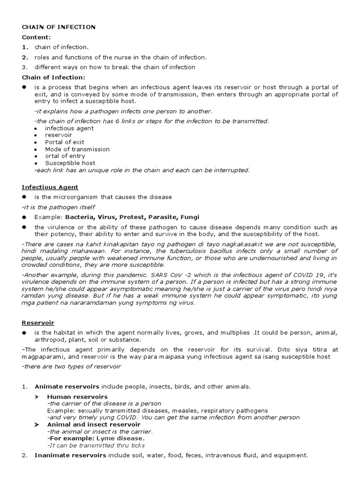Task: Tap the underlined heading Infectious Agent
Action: [50, 187]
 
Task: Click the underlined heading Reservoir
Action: [37, 323]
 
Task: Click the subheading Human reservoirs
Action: [77, 397]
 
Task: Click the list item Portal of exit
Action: [65, 142]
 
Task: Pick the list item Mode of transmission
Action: [77, 149]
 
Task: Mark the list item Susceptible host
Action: [70, 163]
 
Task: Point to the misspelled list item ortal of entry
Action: [65, 156]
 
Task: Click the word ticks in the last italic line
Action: [137, 445]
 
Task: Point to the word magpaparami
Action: [42, 357]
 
